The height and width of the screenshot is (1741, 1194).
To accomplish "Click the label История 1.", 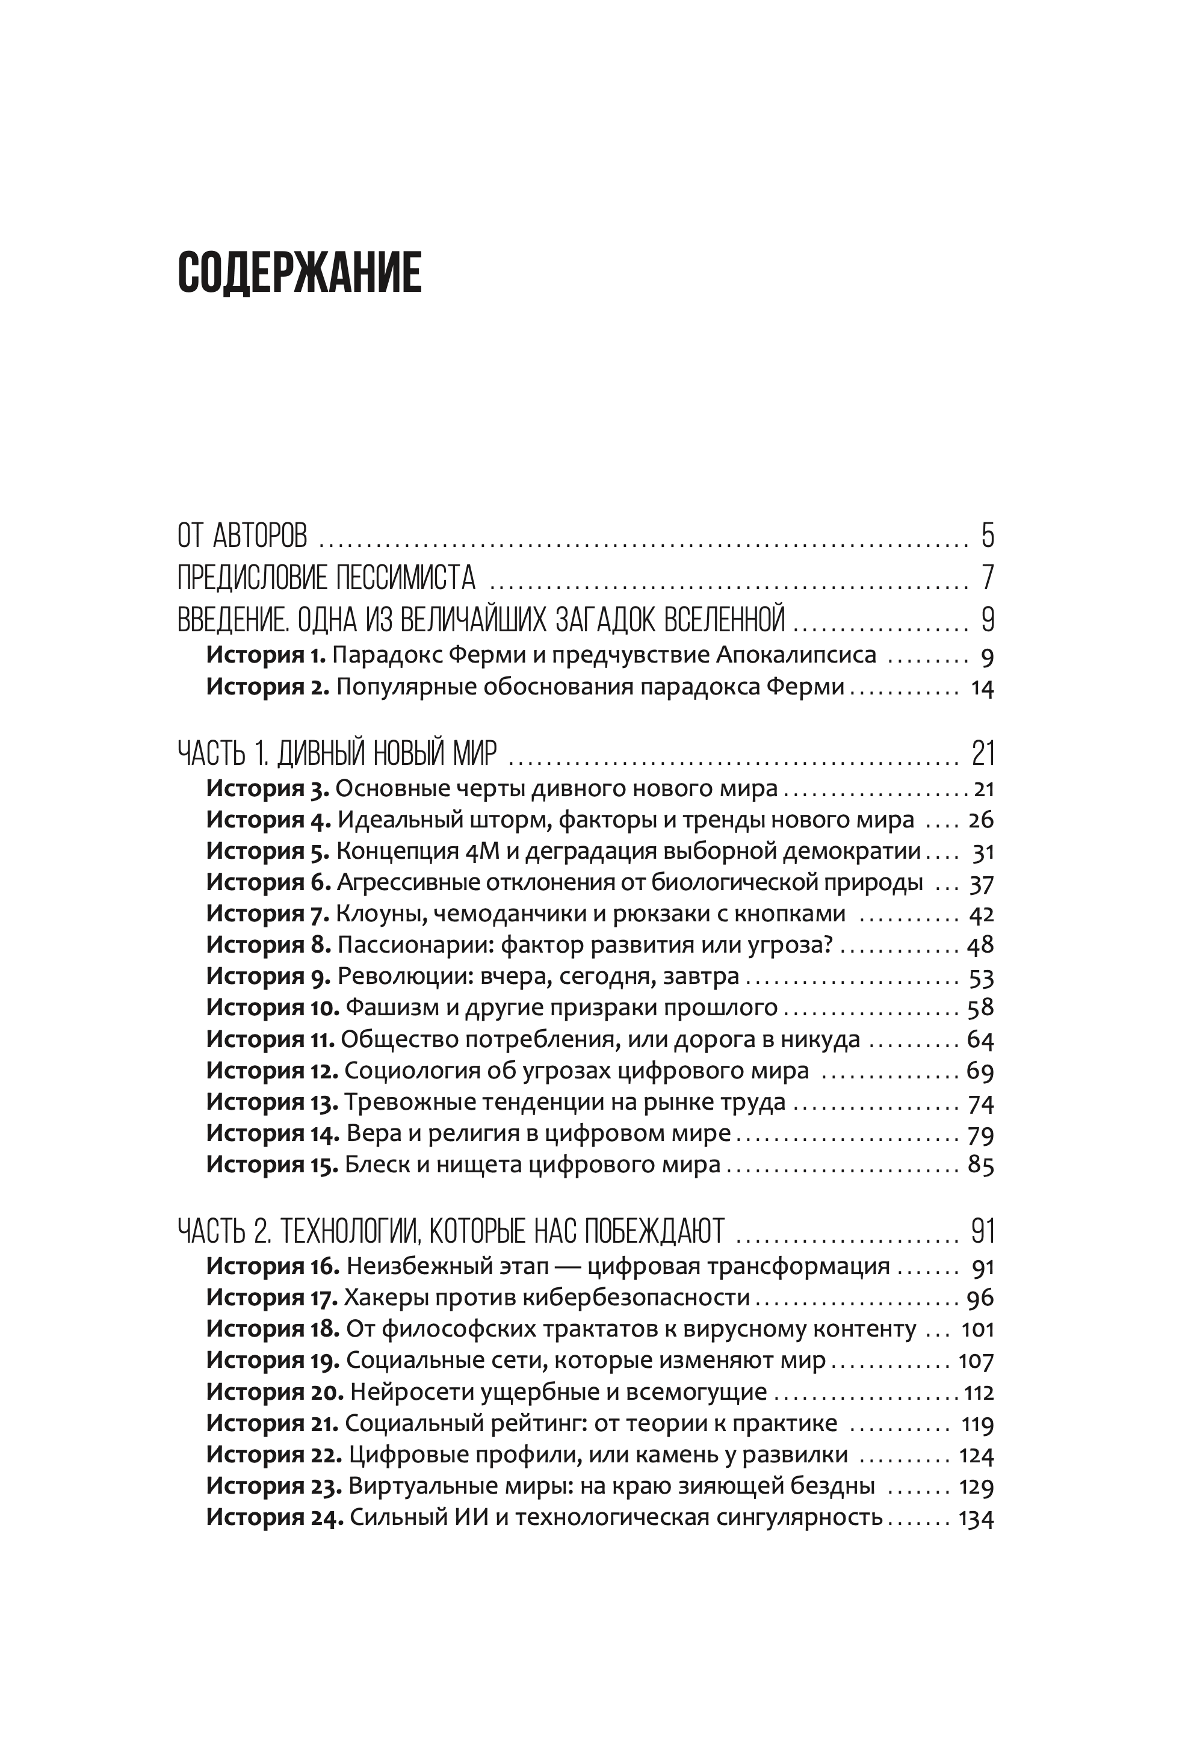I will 266,655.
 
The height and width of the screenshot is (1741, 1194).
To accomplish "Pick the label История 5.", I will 267,851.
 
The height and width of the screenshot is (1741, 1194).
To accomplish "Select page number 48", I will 980,945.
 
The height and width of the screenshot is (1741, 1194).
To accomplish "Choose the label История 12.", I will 272,1070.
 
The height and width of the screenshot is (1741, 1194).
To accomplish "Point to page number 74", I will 980,1102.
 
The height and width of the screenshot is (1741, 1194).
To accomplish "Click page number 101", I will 977,1329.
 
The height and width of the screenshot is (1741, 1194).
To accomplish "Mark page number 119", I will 977,1423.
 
